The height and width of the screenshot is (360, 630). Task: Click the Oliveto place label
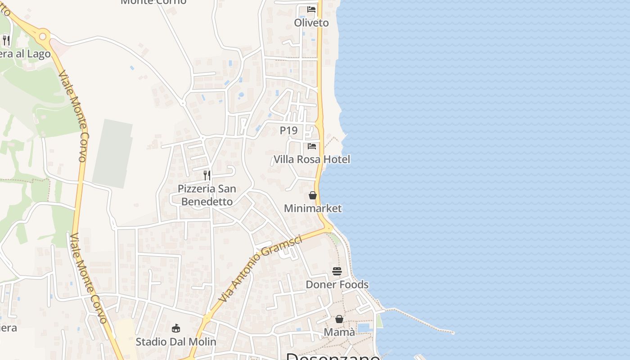click(311, 22)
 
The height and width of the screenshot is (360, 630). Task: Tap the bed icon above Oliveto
click(311, 9)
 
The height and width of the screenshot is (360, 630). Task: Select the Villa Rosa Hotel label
click(312, 159)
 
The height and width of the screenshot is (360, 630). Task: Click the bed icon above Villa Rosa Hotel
click(312, 146)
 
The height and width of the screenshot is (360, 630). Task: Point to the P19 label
click(289, 130)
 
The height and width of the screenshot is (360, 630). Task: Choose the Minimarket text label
click(313, 208)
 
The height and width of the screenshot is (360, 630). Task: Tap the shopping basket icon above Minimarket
click(313, 195)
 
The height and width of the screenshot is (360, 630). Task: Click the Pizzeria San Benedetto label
click(207, 195)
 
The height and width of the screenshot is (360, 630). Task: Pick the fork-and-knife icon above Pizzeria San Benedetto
click(207, 175)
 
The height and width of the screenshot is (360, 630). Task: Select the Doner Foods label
click(337, 284)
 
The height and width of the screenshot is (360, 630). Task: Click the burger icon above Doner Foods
click(337, 271)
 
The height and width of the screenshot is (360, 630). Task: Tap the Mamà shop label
click(339, 332)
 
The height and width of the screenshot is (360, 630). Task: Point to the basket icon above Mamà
click(339, 319)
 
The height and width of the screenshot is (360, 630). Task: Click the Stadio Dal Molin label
click(176, 342)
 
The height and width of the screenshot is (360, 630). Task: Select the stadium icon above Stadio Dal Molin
click(176, 328)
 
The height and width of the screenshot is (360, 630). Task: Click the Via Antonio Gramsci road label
click(260, 269)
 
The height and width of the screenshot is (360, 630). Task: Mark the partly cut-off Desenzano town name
click(333, 356)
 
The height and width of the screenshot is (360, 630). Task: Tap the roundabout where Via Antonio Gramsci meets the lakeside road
click(328, 229)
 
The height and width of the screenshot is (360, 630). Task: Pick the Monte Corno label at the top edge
click(153, 2)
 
